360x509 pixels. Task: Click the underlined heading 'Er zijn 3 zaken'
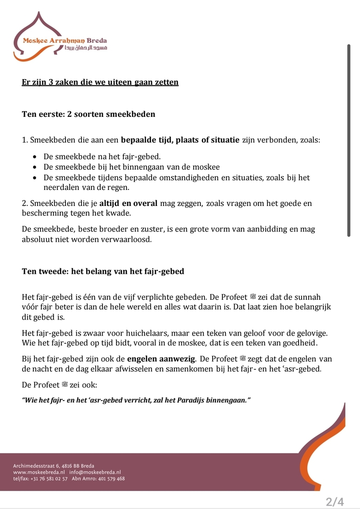pyautogui.click(x=100, y=82)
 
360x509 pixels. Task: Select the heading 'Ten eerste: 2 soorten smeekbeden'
pyautogui.click(x=89, y=114)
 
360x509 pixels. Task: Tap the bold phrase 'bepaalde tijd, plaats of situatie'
pyautogui.click(x=180, y=140)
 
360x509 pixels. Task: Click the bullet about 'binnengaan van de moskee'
pyautogui.click(x=131, y=167)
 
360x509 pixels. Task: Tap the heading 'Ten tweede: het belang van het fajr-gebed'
pyautogui.click(x=103, y=271)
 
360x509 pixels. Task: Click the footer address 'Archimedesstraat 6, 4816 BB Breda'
pyautogui.click(x=54, y=466)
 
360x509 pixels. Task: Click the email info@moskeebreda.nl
pyautogui.click(x=95, y=472)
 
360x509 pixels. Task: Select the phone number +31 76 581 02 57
pyautogui.click(x=49, y=478)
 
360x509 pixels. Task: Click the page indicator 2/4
pyautogui.click(x=335, y=501)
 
